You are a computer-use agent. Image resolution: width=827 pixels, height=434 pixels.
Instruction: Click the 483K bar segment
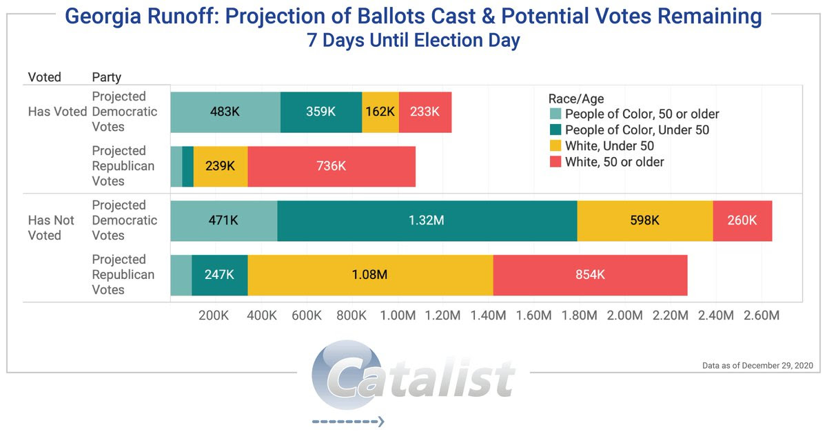[x=225, y=112]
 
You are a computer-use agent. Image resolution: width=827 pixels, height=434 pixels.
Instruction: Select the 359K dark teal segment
[x=321, y=112]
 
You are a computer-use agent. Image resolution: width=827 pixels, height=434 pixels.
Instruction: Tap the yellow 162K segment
[x=380, y=112]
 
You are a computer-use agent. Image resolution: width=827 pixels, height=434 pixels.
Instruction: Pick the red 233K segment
[x=425, y=112]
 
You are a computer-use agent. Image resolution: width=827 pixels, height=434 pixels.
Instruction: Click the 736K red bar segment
[x=331, y=166]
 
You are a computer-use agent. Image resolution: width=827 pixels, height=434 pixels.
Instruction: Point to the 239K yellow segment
[x=221, y=166]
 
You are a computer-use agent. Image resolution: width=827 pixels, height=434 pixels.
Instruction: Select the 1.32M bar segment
[x=427, y=220]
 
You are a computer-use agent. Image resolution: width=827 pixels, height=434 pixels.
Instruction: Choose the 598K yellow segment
[x=645, y=220]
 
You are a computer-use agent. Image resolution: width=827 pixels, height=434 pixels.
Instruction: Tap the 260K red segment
[x=742, y=220]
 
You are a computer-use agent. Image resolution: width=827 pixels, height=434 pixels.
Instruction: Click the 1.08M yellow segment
[x=371, y=275]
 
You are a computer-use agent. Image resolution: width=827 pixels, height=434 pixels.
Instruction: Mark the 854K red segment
[x=590, y=275]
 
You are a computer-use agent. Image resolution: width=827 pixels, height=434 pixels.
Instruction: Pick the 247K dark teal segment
[x=220, y=275]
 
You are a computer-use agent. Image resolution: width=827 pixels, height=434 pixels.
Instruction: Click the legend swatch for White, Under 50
[x=555, y=146]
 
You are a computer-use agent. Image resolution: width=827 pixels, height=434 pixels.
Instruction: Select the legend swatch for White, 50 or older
[x=555, y=163]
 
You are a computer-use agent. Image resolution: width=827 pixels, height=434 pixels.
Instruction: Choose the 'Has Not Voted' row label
[x=50, y=227]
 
